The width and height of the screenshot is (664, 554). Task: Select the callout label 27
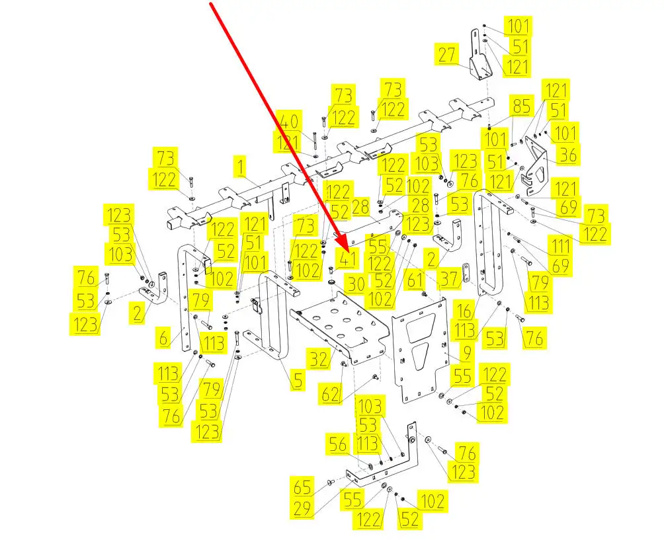pos(448,54)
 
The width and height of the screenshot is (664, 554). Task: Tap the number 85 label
pos(522,106)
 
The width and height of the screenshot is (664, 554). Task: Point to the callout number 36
pos(567,155)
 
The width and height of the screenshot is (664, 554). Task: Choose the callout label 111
pos(560,247)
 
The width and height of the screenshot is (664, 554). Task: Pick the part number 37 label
pos(450,280)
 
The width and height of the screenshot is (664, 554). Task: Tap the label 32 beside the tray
pos(319,359)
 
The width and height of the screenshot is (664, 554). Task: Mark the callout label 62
pos(331,394)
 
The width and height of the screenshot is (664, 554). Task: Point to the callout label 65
pos(304,489)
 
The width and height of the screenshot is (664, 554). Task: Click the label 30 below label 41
pos(356,284)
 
